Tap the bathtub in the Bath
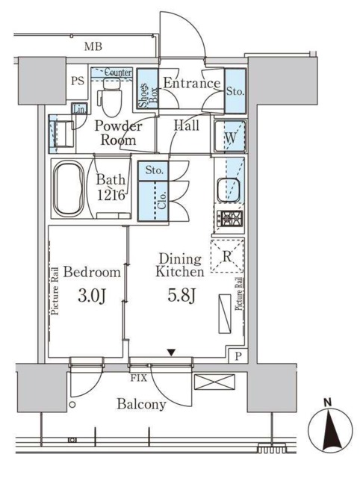click(68, 188)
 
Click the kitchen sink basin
click(229, 189)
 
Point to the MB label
click(93, 46)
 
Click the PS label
click(78, 81)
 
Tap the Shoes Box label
click(148, 95)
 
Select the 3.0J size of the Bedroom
click(91, 297)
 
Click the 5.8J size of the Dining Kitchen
click(181, 295)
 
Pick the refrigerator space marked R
click(227, 256)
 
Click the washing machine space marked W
click(230, 136)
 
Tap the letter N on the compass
click(327, 403)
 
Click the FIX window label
click(139, 379)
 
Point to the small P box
click(238, 356)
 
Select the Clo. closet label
click(162, 200)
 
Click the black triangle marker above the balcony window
click(172, 353)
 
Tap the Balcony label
click(141, 405)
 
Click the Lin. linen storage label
click(80, 110)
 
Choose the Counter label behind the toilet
click(118, 72)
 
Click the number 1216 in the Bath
click(111, 195)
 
